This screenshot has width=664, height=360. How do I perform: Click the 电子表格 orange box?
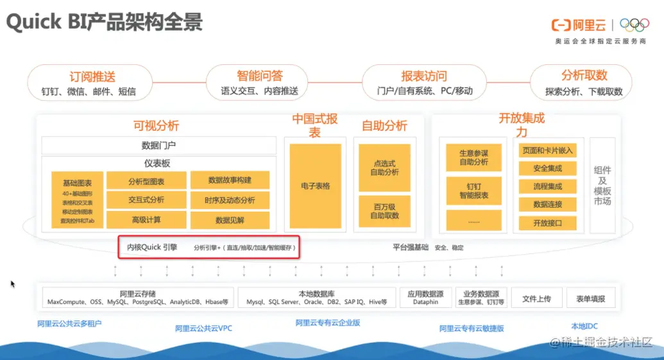(315, 186)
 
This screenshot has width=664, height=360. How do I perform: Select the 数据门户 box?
(158, 146)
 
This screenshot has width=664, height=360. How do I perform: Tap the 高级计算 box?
(146, 220)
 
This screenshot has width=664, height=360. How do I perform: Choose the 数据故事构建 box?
(230, 180)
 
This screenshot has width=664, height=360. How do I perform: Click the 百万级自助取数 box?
(384, 211)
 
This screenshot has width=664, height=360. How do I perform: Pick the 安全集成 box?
(547, 169)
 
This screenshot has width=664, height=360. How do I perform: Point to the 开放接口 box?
(547, 223)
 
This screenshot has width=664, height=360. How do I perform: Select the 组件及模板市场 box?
(602, 185)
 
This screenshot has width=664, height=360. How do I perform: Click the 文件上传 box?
(536, 298)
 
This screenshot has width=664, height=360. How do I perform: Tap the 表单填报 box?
(590, 298)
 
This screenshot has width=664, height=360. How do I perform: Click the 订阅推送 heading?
(92, 76)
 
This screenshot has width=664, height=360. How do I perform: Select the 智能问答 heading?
(259, 76)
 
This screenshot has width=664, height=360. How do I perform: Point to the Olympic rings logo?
(634, 25)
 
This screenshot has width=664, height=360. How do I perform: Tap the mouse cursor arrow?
(12, 283)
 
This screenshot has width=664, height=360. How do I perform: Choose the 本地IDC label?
(584, 325)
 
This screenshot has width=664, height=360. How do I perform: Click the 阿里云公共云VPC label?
(204, 328)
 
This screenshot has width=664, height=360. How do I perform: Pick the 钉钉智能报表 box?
(473, 191)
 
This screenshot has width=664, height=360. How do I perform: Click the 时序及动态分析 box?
(230, 200)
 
